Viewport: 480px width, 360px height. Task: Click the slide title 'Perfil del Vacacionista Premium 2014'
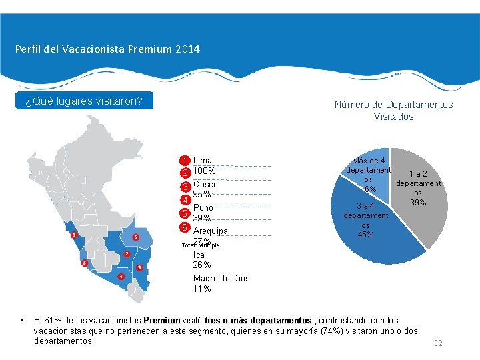point(107,49)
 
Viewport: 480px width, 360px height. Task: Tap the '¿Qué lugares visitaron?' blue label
point(84,101)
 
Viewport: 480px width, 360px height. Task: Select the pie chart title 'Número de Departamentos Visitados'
point(393,111)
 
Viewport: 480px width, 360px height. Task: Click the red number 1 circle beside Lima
point(185,161)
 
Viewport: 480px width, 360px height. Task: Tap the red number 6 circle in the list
point(185,227)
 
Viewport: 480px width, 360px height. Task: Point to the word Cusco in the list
point(205,184)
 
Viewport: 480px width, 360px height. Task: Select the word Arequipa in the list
point(210,231)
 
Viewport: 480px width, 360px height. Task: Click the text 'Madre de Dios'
point(221,278)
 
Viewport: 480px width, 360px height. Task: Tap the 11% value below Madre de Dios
point(202,289)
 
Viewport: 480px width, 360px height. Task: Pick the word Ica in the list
point(199,255)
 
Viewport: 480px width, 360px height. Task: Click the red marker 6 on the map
point(136,237)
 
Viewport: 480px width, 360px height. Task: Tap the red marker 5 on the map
point(84,263)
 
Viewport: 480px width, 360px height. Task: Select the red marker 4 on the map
point(121,276)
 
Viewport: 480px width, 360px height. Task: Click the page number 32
point(438,343)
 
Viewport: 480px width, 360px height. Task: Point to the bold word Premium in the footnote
point(161,320)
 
